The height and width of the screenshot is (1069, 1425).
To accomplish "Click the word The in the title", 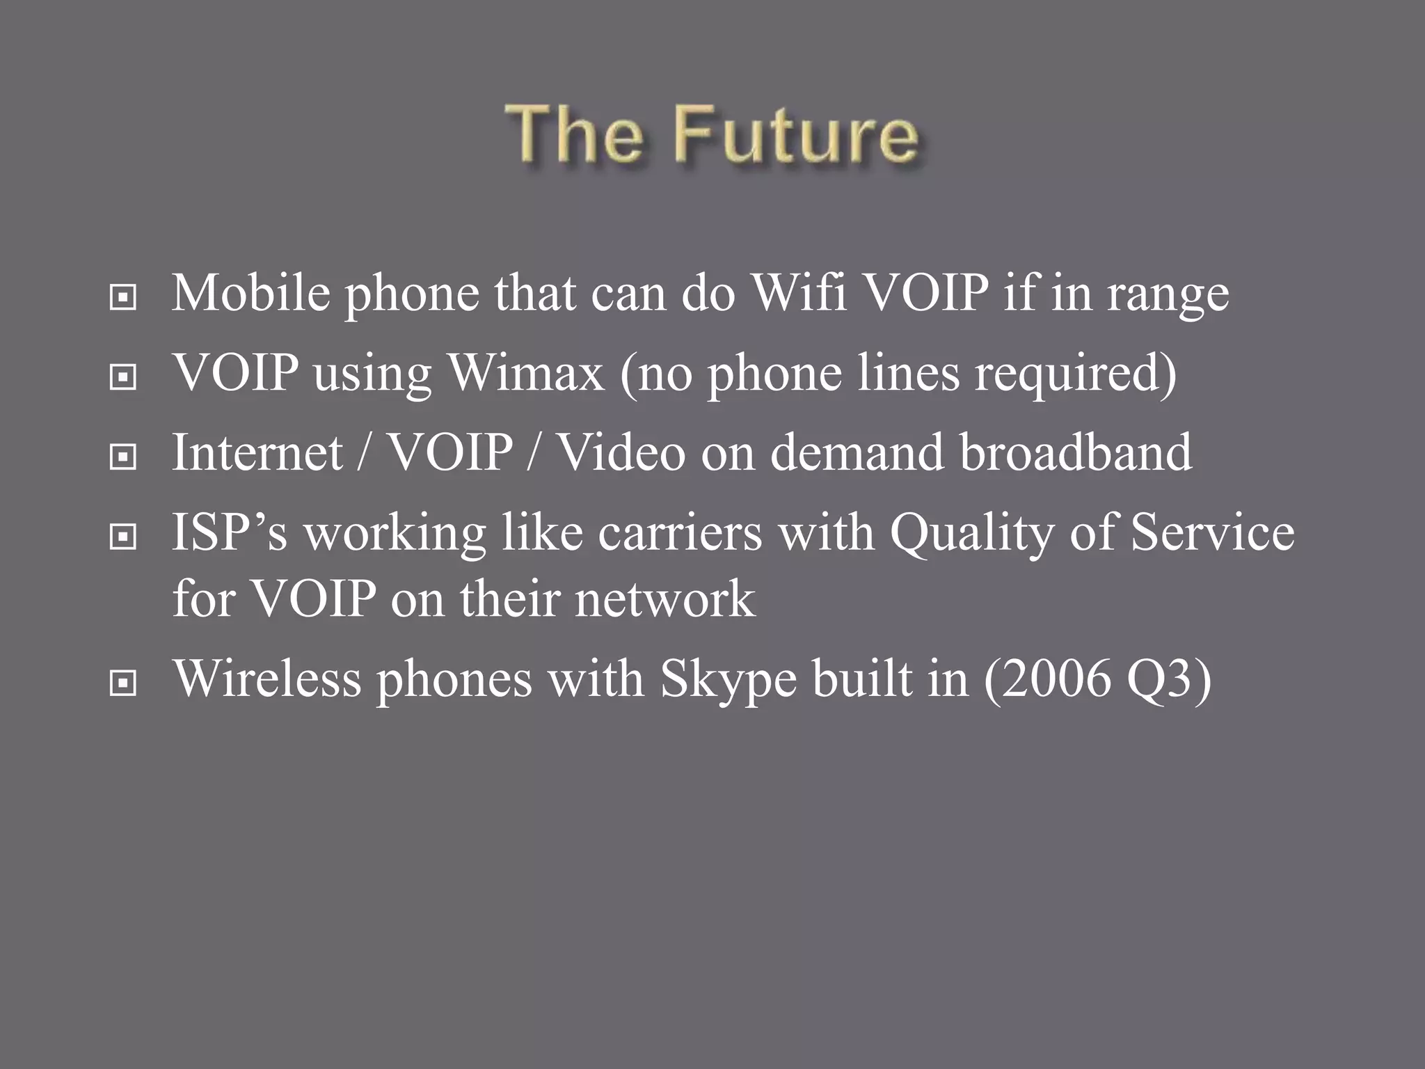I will [x=575, y=134].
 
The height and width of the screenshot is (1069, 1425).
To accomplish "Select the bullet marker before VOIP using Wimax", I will [x=123, y=378].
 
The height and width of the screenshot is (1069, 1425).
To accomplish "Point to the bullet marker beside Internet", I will [x=123, y=457].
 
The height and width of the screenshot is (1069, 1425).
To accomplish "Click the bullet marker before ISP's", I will [x=123, y=537].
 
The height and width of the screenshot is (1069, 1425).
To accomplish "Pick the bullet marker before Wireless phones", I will [x=123, y=683].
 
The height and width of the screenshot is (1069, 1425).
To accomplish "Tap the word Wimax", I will [x=526, y=372].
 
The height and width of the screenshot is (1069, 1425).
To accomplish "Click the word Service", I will [x=1212, y=532].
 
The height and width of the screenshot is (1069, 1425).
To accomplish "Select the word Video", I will [x=622, y=452].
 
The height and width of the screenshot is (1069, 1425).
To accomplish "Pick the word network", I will [x=664, y=599].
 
